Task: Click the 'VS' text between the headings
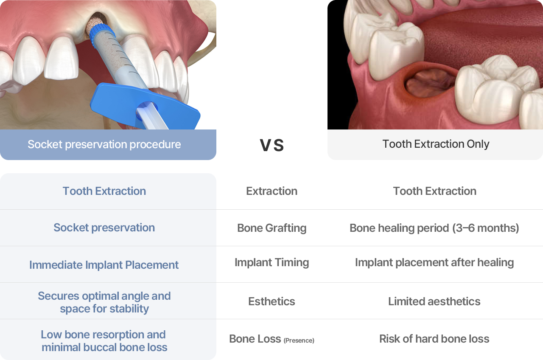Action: [x=271, y=145]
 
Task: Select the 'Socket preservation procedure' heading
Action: [x=104, y=144]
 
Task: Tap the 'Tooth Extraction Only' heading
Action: [x=436, y=144]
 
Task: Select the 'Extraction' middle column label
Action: [x=271, y=191]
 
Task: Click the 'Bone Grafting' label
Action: [x=271, y=228]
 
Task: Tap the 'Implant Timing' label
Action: [x=271, y=262]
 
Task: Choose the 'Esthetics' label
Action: [x=271, y=301]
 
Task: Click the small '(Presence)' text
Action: [x=299, y=340]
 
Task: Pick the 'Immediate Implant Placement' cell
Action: [x=104, y=265]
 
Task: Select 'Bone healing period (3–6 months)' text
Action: [x=434, y=228]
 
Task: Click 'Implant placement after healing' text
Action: [x=434, y=262]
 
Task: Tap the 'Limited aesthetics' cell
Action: [x=434, y=301]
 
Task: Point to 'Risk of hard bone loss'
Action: [x=434, y=339]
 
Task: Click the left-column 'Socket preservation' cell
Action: [x=104, y=228]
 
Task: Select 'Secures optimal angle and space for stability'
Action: [x=104, y=302]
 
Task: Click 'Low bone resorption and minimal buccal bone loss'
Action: [x=104, y=341]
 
